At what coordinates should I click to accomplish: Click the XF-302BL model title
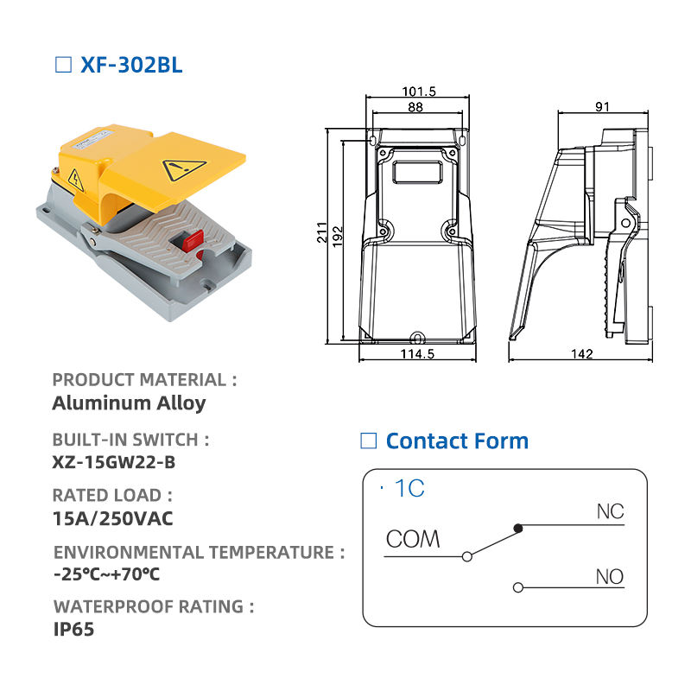131,66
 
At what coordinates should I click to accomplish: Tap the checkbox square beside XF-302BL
63,65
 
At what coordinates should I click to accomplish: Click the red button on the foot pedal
193,241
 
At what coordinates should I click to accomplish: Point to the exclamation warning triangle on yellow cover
184,168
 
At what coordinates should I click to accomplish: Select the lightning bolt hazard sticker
76,181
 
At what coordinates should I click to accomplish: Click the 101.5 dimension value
419,92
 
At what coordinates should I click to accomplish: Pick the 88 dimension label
415,107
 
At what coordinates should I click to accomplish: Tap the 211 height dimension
322,232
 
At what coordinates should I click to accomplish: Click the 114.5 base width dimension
417,354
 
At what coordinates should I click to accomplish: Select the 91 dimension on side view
602,106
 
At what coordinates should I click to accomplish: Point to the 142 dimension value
581,354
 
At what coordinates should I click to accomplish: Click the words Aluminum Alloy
129,403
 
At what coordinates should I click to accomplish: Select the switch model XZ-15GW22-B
114,462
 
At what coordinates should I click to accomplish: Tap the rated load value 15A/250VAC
113,519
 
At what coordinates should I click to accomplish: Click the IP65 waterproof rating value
73,630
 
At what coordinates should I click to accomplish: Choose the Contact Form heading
457,441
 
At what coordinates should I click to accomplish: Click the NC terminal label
611,511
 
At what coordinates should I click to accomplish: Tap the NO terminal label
610,576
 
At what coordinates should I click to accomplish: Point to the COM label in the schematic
413,539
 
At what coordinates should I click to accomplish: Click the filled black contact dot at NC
518,528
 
